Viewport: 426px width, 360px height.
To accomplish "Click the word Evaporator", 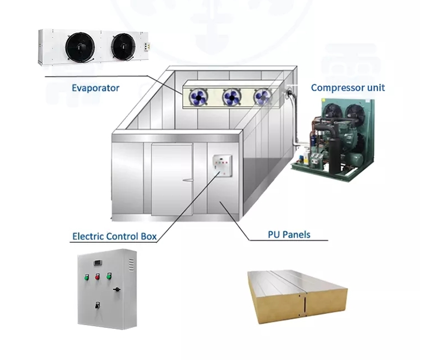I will (96, 88).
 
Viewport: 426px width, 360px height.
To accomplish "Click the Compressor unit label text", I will (348, 87).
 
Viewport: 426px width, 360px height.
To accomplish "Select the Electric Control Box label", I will (114, 237).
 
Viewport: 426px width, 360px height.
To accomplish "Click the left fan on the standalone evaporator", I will (80, 47).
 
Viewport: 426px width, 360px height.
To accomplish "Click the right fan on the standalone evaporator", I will (123, 47).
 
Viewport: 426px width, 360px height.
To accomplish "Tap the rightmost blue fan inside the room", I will (262, 97).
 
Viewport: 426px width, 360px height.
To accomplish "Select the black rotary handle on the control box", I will (116, 290).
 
